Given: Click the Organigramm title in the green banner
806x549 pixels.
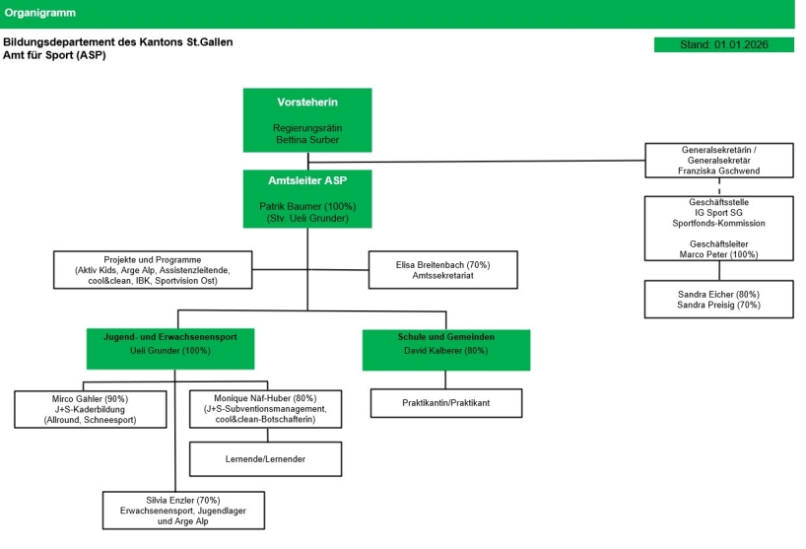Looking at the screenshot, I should [x=40, y=14].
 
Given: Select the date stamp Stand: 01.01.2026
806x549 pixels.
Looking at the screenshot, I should [x=723, y=45].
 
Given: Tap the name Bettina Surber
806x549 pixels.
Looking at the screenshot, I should [x=307, y=140].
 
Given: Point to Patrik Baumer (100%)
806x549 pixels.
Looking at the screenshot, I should [x=307, y=206].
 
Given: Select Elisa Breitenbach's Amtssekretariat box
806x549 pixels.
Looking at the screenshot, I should [x=442, y=270].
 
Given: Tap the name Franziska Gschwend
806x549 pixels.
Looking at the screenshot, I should [x=718, y=170].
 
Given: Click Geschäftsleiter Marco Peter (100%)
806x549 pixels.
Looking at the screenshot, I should [x=718, y=249].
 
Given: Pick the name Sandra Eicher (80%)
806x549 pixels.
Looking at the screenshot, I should [x=718, y=294].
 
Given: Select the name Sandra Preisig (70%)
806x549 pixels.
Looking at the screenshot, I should [x=718, y=306].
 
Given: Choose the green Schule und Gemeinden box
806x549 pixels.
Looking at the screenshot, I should [x=445, y=343].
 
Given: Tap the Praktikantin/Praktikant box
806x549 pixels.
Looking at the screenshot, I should [x=445, y=403].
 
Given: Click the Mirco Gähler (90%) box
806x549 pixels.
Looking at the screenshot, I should [x=90, y=409].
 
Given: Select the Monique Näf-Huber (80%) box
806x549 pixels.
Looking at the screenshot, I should [x=264, y=409].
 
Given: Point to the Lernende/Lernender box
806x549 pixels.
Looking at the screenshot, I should [x=264, y=459].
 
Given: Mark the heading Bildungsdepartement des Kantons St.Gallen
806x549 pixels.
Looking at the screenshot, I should [x=118, y=43].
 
